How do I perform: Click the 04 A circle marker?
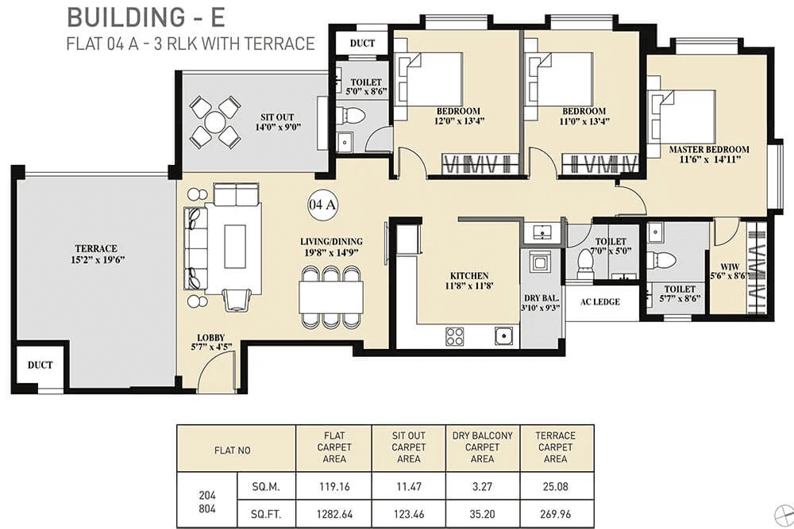tap(323, 205)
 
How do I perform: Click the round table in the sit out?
tap(215, 122)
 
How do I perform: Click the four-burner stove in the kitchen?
tap(455, 335)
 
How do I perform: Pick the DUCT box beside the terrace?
tap(40, 366)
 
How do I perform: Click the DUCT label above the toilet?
tap(362, 44)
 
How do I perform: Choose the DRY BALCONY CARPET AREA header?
tap(482, 447)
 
